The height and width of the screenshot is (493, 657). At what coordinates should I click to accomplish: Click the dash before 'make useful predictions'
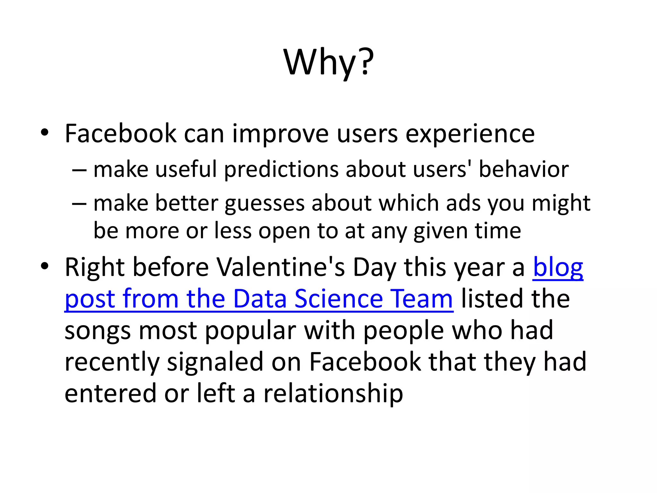point(79,169)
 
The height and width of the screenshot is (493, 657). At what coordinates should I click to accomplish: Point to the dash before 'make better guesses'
point(79,203)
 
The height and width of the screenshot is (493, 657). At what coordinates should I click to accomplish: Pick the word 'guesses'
point(264,204)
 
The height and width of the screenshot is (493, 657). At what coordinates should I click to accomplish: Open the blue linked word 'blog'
point(558,268)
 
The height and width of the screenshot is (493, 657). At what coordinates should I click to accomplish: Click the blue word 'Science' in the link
point(339,299)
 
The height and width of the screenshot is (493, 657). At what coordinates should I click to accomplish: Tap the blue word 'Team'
point(422,299)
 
